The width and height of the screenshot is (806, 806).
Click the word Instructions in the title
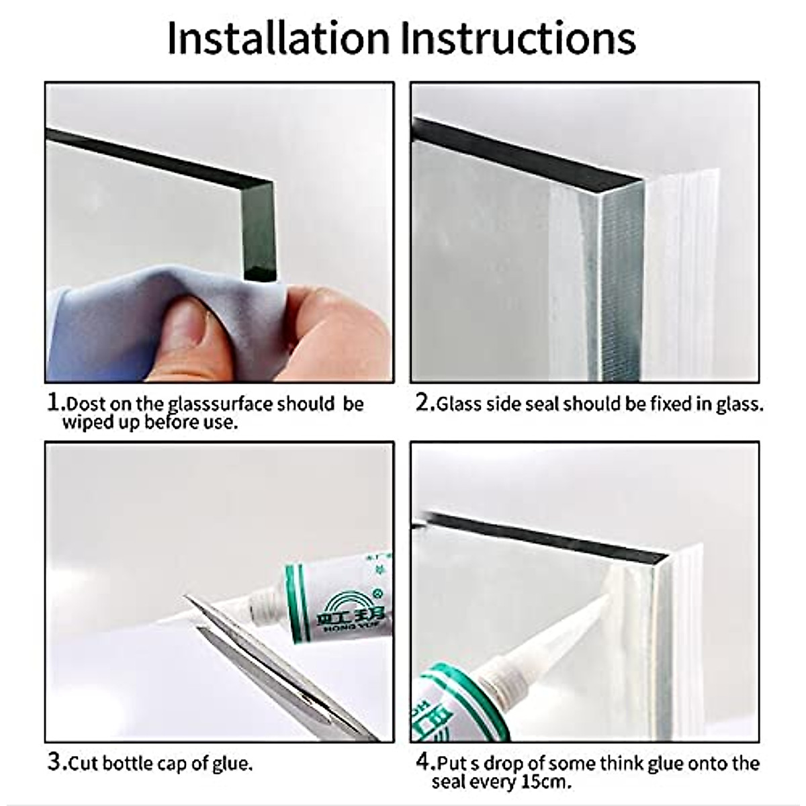[518, 38]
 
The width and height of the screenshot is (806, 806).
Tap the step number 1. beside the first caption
[56, 403]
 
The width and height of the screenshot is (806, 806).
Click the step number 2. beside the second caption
[424, 403]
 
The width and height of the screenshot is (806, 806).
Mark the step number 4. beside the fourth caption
[424, 762]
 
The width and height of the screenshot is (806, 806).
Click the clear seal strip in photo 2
[678, 269]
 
